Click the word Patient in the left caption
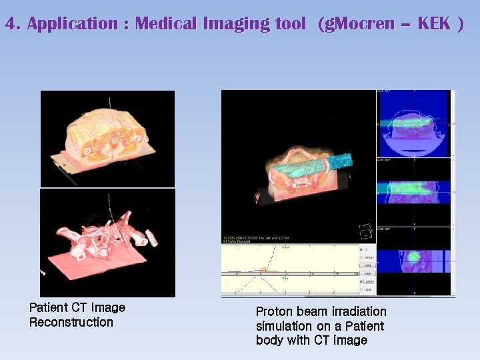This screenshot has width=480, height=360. (48, 308)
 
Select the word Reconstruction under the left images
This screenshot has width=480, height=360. (71, 323)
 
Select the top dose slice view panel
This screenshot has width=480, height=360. (415, 125)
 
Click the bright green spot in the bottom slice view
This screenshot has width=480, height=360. (414, 257)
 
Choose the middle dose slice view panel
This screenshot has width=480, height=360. (415, 193)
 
